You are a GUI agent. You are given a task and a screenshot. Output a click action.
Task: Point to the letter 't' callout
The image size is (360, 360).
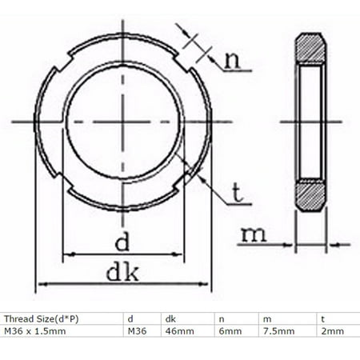click(x=238, y=192)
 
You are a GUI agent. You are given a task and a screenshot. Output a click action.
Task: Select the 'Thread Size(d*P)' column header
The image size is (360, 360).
click(x=38, y=317)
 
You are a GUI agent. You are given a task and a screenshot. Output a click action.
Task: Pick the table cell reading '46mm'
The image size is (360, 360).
click(x=175, y=330)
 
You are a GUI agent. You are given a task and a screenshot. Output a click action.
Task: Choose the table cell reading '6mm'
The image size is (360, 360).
click(x=227, y=330)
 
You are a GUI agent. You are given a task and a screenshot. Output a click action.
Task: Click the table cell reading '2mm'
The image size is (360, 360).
click(x=328, y=330)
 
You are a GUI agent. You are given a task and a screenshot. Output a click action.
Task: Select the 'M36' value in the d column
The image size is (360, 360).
click(x=136, y=330)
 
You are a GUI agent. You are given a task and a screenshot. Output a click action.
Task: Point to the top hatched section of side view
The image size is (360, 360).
click(x=309, y=49)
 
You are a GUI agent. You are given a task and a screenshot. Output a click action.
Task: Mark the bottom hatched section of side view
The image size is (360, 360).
click(x=309, y=194)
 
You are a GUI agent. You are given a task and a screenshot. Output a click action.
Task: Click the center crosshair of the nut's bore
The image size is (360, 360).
click(x=124, y=122)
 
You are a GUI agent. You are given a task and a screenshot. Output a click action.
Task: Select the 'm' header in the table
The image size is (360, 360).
click(x=265, y=317)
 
